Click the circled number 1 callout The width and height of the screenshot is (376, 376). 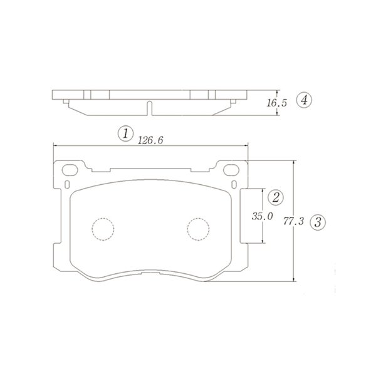(125, 133)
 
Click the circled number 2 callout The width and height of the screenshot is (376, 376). (276, 197)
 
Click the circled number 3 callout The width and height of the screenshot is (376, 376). (318, 222)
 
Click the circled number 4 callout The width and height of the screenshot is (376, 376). (304, 100)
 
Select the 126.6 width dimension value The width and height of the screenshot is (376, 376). (150, 140)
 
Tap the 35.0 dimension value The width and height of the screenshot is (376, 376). (262, 216)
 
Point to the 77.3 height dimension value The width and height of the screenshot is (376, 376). (293, 221)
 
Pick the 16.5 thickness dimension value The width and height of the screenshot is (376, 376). (277, 103)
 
